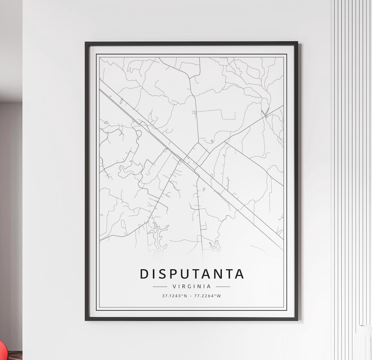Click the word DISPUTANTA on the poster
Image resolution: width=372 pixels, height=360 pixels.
[x=192, y=274]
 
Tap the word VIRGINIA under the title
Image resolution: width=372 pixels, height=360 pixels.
[x=192, y=286]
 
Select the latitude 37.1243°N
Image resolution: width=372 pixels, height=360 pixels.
[x=175, y=296]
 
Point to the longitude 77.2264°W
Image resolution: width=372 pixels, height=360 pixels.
[x=208, y=296]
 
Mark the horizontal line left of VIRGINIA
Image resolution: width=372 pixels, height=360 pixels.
[x=160, y=286]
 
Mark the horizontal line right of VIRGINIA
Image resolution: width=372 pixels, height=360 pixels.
[x=223, y=286]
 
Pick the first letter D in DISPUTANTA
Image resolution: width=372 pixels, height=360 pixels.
[x=145, y=274]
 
